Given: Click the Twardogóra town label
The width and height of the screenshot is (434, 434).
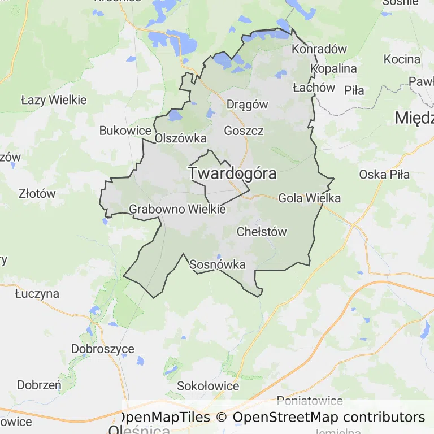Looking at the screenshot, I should (232, 173).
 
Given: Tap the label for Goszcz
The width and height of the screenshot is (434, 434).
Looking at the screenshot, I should (244, 131).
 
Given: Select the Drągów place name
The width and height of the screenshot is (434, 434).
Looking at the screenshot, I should (247, 104).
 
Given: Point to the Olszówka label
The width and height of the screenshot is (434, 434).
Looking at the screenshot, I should (181, 138).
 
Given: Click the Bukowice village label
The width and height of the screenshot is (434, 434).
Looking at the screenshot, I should (125, 131).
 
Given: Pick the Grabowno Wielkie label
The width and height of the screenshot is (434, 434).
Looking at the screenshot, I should (177, 209).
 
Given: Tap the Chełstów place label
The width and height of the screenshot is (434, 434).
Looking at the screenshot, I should (262, 232).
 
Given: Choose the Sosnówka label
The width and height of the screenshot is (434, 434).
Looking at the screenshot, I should (218, 264).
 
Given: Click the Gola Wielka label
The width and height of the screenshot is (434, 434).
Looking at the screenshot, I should (309, 198).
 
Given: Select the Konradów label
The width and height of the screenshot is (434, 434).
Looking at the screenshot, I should (319, 49).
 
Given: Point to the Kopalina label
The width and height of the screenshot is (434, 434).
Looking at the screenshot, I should (333, 68).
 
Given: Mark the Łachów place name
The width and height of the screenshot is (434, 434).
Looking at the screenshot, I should (314, 88).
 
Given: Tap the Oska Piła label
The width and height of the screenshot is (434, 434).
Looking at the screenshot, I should (384, 174).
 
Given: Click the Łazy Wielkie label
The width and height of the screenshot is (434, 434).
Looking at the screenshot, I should (54, 100).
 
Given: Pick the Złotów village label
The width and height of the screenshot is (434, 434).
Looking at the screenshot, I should (37, 193).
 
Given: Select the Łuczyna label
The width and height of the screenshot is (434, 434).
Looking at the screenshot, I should (37, 294).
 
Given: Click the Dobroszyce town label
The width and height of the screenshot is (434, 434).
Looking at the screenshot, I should (103, 349).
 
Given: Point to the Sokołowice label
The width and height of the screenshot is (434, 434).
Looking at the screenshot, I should (208, 387).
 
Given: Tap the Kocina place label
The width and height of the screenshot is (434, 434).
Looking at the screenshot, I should (402, 59).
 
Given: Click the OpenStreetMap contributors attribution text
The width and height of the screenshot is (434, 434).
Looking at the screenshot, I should (328, 418).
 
